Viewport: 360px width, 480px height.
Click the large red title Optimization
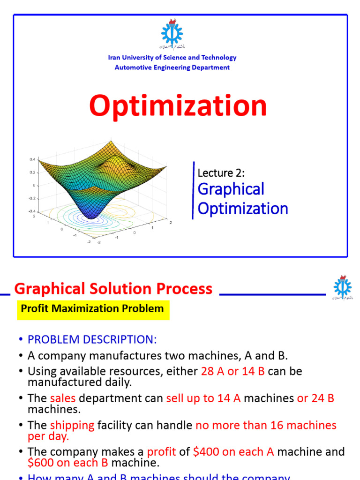178,106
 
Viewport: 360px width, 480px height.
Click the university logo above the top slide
172,34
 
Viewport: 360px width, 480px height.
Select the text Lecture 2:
221,172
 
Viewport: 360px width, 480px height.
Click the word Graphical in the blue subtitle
231,189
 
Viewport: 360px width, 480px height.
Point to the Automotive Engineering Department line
172,67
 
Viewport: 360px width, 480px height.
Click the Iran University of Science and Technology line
172,58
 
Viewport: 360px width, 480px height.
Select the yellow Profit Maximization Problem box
93,309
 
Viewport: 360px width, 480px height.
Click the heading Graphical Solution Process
113,289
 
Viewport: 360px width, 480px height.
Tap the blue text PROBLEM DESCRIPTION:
92,339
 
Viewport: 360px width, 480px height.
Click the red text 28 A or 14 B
233,371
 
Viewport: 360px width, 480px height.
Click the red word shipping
72,426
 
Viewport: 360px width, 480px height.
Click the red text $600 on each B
68,463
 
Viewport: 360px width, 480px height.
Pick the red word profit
161,452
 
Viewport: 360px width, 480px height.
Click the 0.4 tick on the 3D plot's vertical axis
32,159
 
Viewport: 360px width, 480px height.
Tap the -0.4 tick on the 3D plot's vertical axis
31,211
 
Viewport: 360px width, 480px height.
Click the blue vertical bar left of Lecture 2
193,190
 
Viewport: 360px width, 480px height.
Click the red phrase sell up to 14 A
203,398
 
